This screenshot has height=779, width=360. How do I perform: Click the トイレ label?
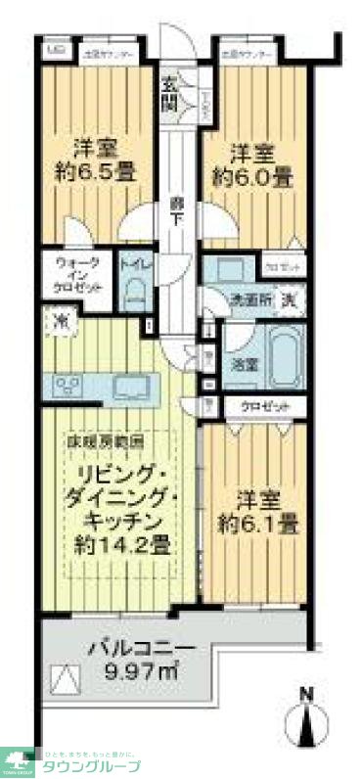134,264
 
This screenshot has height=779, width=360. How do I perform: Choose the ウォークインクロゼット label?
78,278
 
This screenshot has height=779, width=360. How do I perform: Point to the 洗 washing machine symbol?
289,299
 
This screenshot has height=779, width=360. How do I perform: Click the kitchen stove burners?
70,386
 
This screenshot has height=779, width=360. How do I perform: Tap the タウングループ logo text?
92,765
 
